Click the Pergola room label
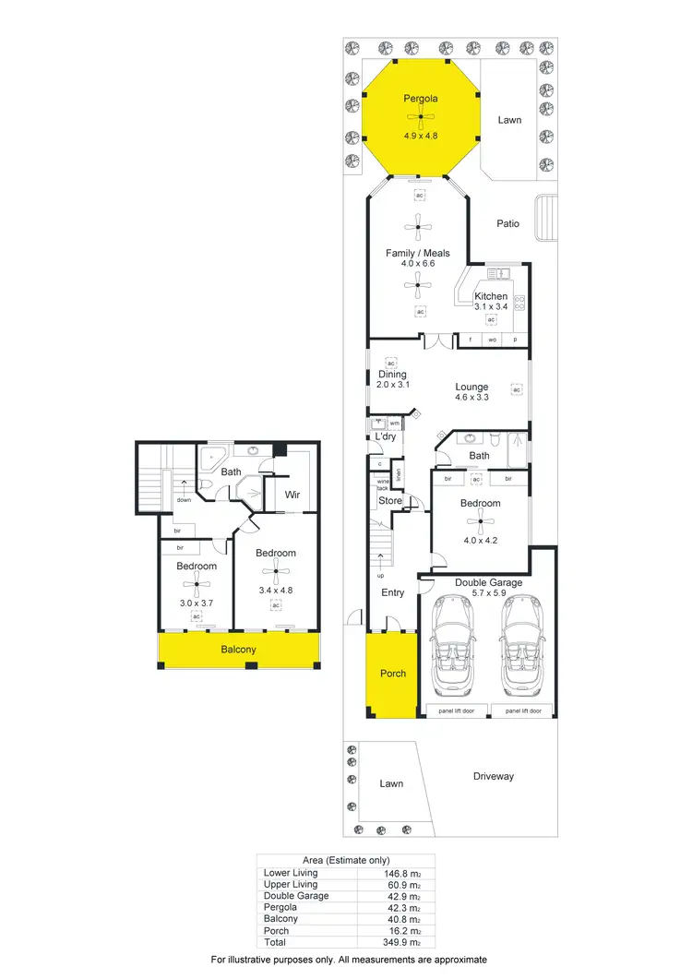[x=421, y=98]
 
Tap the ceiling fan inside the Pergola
[x=421, y=117]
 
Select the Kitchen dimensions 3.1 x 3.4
[x=491, y=306]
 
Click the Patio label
[x=507, y=223]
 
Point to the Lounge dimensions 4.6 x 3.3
[x=471, y=397]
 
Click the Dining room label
[x=391, y=375]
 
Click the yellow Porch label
[x=393, y=674]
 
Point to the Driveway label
[x=493, y=776]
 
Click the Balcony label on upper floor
[x=238, y=650]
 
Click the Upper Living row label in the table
[x=291, y=884]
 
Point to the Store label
[x=389, y=501]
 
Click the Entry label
[x=393, y=592]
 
